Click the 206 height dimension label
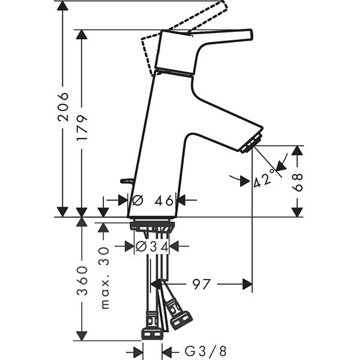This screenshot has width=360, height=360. coord(63,107)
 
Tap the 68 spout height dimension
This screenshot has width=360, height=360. coord(298,183)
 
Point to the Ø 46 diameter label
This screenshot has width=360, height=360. coord(152,200)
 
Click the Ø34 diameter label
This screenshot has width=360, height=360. coord(152,247)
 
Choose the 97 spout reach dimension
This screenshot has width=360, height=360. coord(201,284)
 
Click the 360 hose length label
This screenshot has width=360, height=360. coord(82,281)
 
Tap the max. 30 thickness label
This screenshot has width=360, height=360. coord(104,278)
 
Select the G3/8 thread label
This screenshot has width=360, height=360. coord(205,351)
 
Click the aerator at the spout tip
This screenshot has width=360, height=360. coord(251,143)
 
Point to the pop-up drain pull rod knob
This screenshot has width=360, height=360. coord(127,181)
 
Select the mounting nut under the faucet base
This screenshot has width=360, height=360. coord(152,226)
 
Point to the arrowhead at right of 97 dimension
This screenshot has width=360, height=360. coord(247,284)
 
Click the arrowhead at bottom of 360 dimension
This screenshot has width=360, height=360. coord(82,335)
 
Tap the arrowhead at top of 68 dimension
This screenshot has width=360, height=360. coord(298,151)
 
